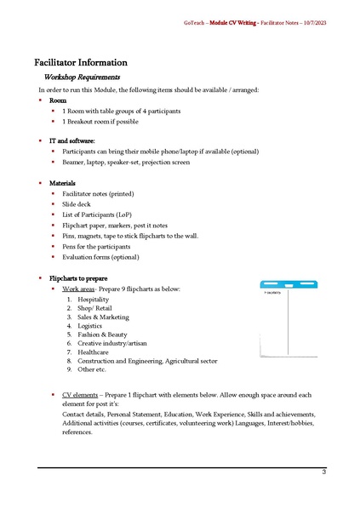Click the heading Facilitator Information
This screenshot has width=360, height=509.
81,62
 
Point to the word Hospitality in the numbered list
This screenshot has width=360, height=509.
94,300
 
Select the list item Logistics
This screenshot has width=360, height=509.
89,326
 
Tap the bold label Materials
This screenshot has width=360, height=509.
62,183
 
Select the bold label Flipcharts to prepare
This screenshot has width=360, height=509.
78,278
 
